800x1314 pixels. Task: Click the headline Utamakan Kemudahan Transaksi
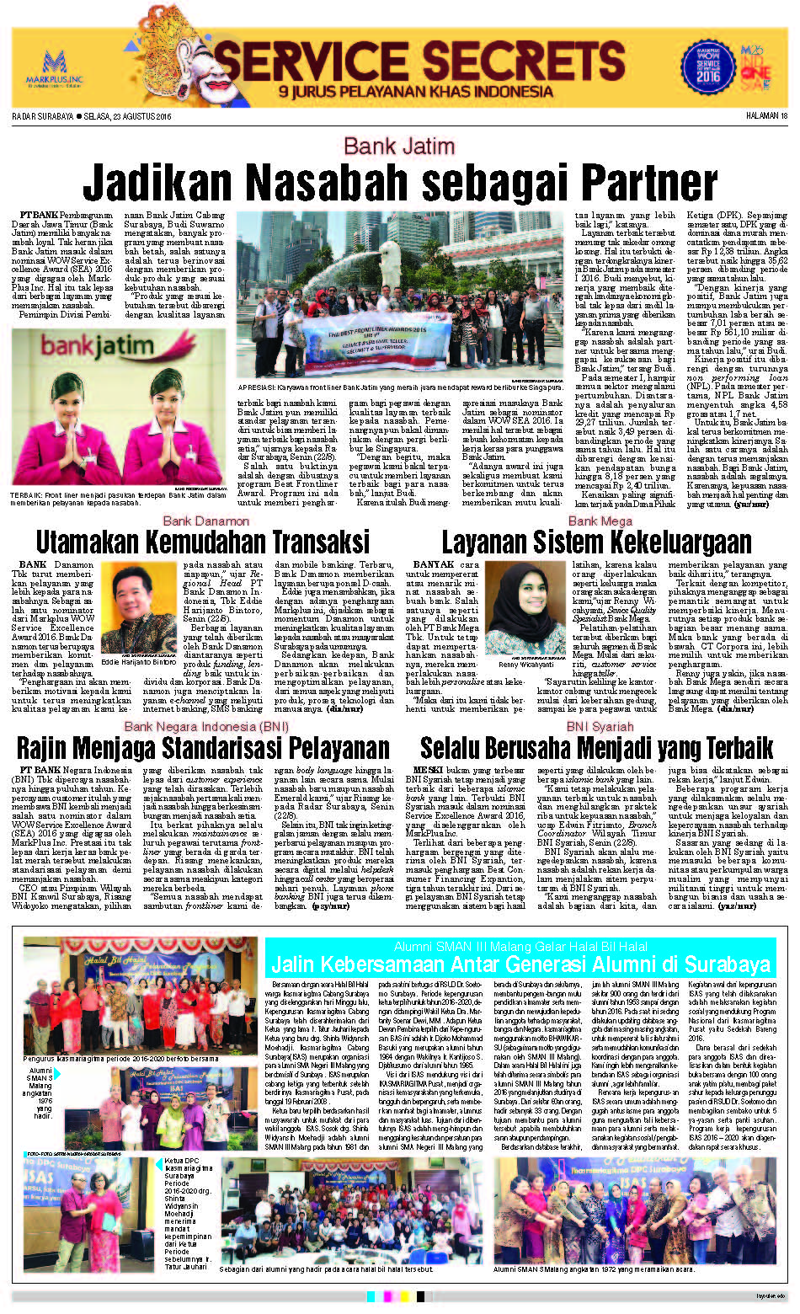point(202,541)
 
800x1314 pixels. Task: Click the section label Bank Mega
point(600,521)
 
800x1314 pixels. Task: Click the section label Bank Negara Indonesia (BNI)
point(206,726)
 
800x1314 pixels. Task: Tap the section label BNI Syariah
point(600,726)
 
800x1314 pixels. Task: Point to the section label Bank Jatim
point(399,146)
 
